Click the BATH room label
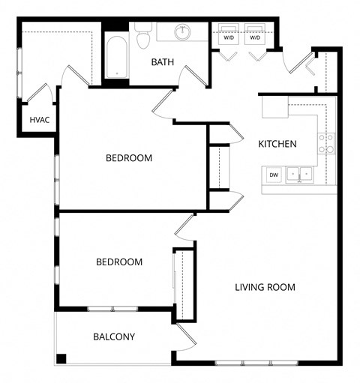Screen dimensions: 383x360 click(x=163, y=62)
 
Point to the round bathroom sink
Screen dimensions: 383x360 click(x=182, y=32)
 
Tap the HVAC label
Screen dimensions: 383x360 click(x=39, y=119)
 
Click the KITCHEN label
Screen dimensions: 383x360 click(x=277, y=144)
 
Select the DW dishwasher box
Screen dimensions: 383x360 click(x=274, y=175)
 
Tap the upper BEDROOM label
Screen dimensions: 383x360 click(x=128, y=158)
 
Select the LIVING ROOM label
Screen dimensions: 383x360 click(x=265, y=287)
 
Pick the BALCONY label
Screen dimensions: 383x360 click(x=114, y=337)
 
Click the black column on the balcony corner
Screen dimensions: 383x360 click(x=61, y=358)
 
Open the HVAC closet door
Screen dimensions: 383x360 click(x=40, y=94)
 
